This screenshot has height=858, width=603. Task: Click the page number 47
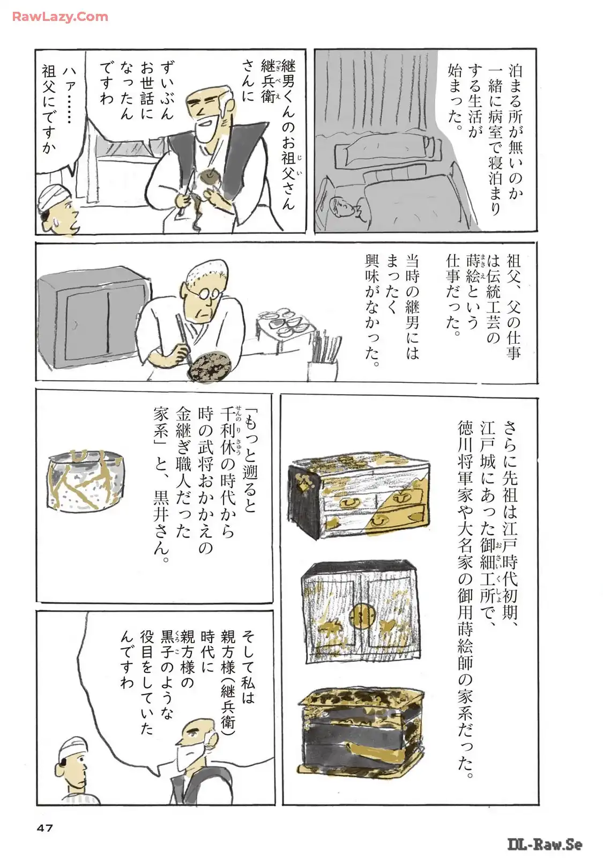tap(45, 828)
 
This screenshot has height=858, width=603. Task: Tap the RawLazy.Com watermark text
tap(60, 17)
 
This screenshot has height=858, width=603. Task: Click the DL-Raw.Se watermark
tap(545, 845)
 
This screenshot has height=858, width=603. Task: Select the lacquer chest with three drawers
tap(359, 494)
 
